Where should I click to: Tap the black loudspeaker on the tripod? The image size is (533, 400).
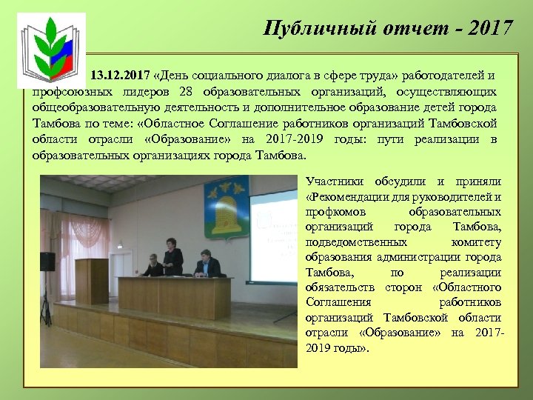point(47,261)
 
